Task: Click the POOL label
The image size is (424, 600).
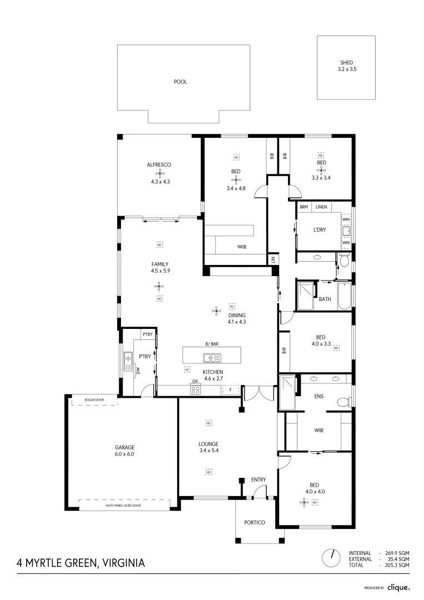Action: click(180, 82)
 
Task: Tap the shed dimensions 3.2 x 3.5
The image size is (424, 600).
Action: click(346, 69)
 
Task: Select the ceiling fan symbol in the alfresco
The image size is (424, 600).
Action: click(158, 173)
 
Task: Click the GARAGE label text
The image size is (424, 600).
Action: click(125, 447)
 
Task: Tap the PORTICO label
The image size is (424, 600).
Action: click(255, 523)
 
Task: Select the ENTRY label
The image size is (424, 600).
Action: click(258, 479)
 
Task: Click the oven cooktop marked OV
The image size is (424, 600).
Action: click(195, 390)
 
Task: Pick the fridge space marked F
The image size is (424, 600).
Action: click(230, 390)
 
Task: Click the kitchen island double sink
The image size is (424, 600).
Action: click(211, 358)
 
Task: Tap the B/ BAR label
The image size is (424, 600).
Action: click(211, 344)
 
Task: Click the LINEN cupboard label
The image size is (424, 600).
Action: click(321, 207)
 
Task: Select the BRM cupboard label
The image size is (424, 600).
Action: click(304, 207)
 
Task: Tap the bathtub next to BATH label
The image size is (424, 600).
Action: click(344, 297)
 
